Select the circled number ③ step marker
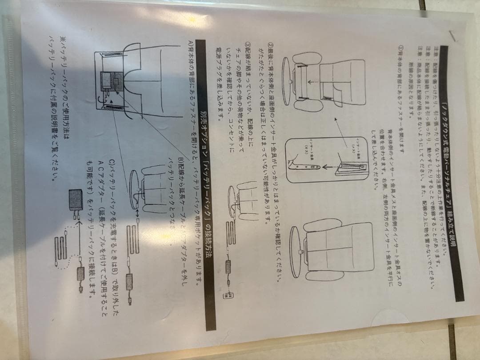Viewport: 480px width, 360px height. coord(248,48)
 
